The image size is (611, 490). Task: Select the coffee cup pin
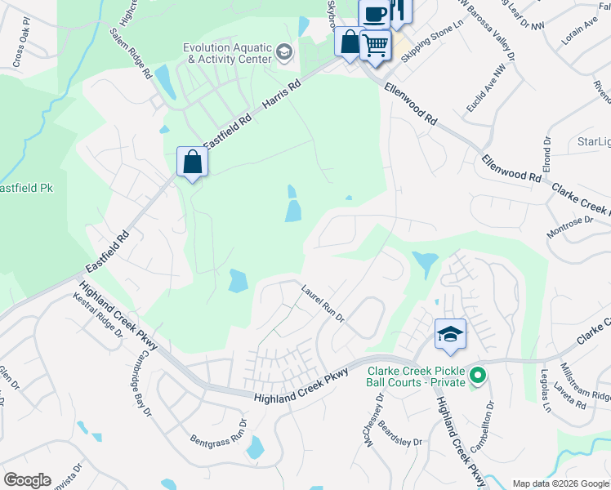coord(374,13)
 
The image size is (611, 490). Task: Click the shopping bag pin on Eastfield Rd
coord(193,162)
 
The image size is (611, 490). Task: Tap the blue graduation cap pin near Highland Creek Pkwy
coord(450,334)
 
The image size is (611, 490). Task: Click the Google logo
coord(27,480)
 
